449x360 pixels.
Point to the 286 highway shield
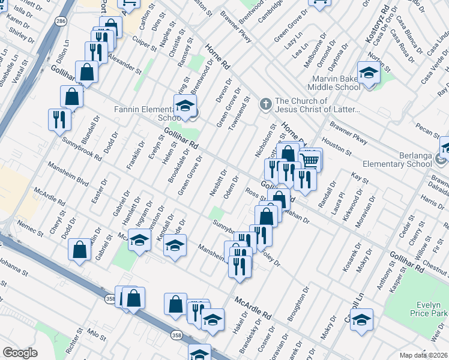(60, 21)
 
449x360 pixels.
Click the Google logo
(19, 353)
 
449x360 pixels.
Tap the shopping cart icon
(310, 160)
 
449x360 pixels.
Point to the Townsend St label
(243, 110)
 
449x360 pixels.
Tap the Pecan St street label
(427, 130)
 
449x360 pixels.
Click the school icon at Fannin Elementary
(185, 106)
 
